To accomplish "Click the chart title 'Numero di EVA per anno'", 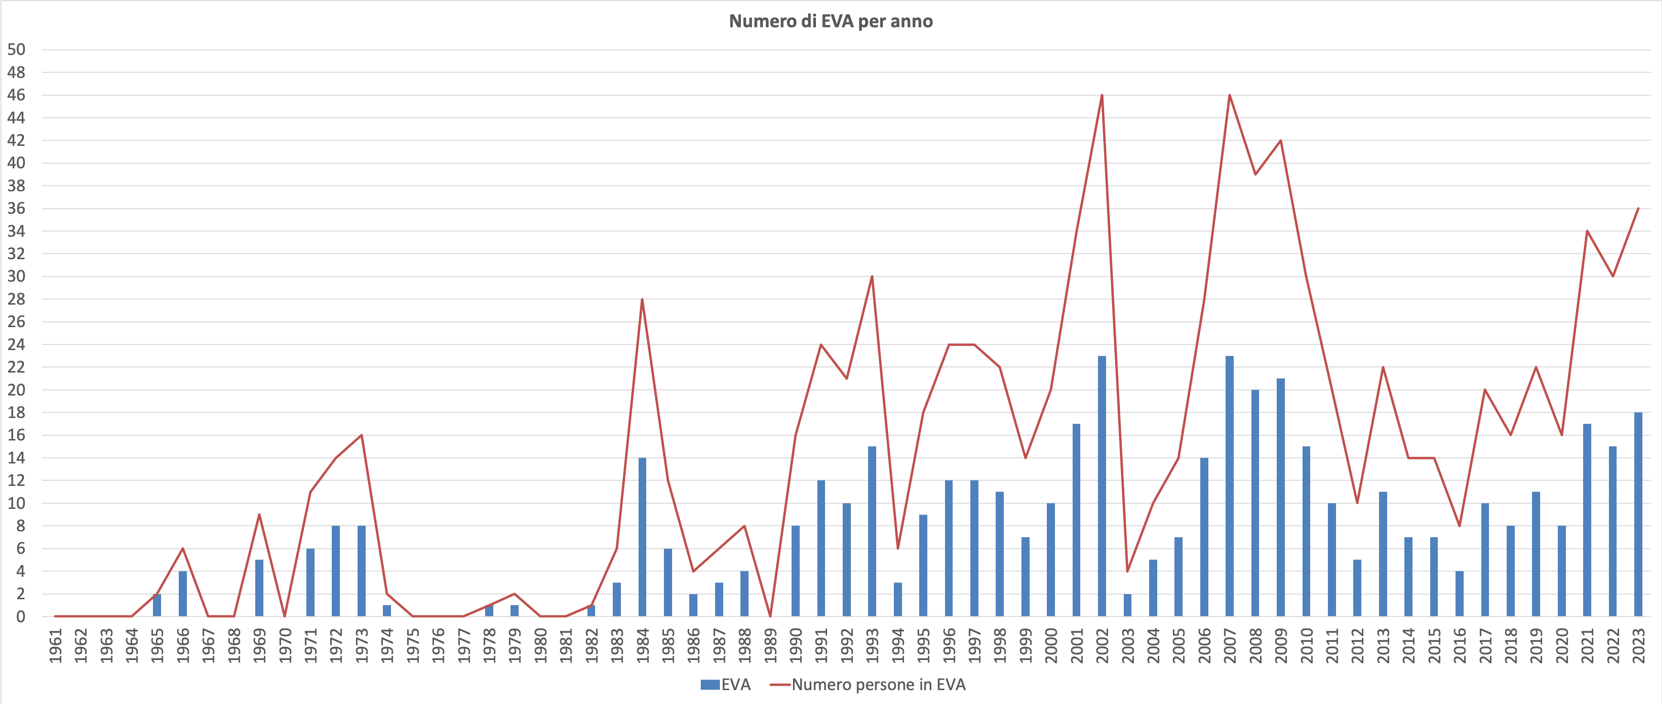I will click(830, 22).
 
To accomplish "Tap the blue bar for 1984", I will click(642, 537).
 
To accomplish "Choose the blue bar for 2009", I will click(1280, 497).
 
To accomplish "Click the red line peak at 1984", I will click(642, 299).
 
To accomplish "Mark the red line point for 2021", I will click(1586, 231).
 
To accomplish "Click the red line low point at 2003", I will click(1127, 571).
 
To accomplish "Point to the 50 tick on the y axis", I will click(16, 50).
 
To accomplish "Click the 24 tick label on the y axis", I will click(16, 344).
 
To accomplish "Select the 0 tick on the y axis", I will click(20, 616).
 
